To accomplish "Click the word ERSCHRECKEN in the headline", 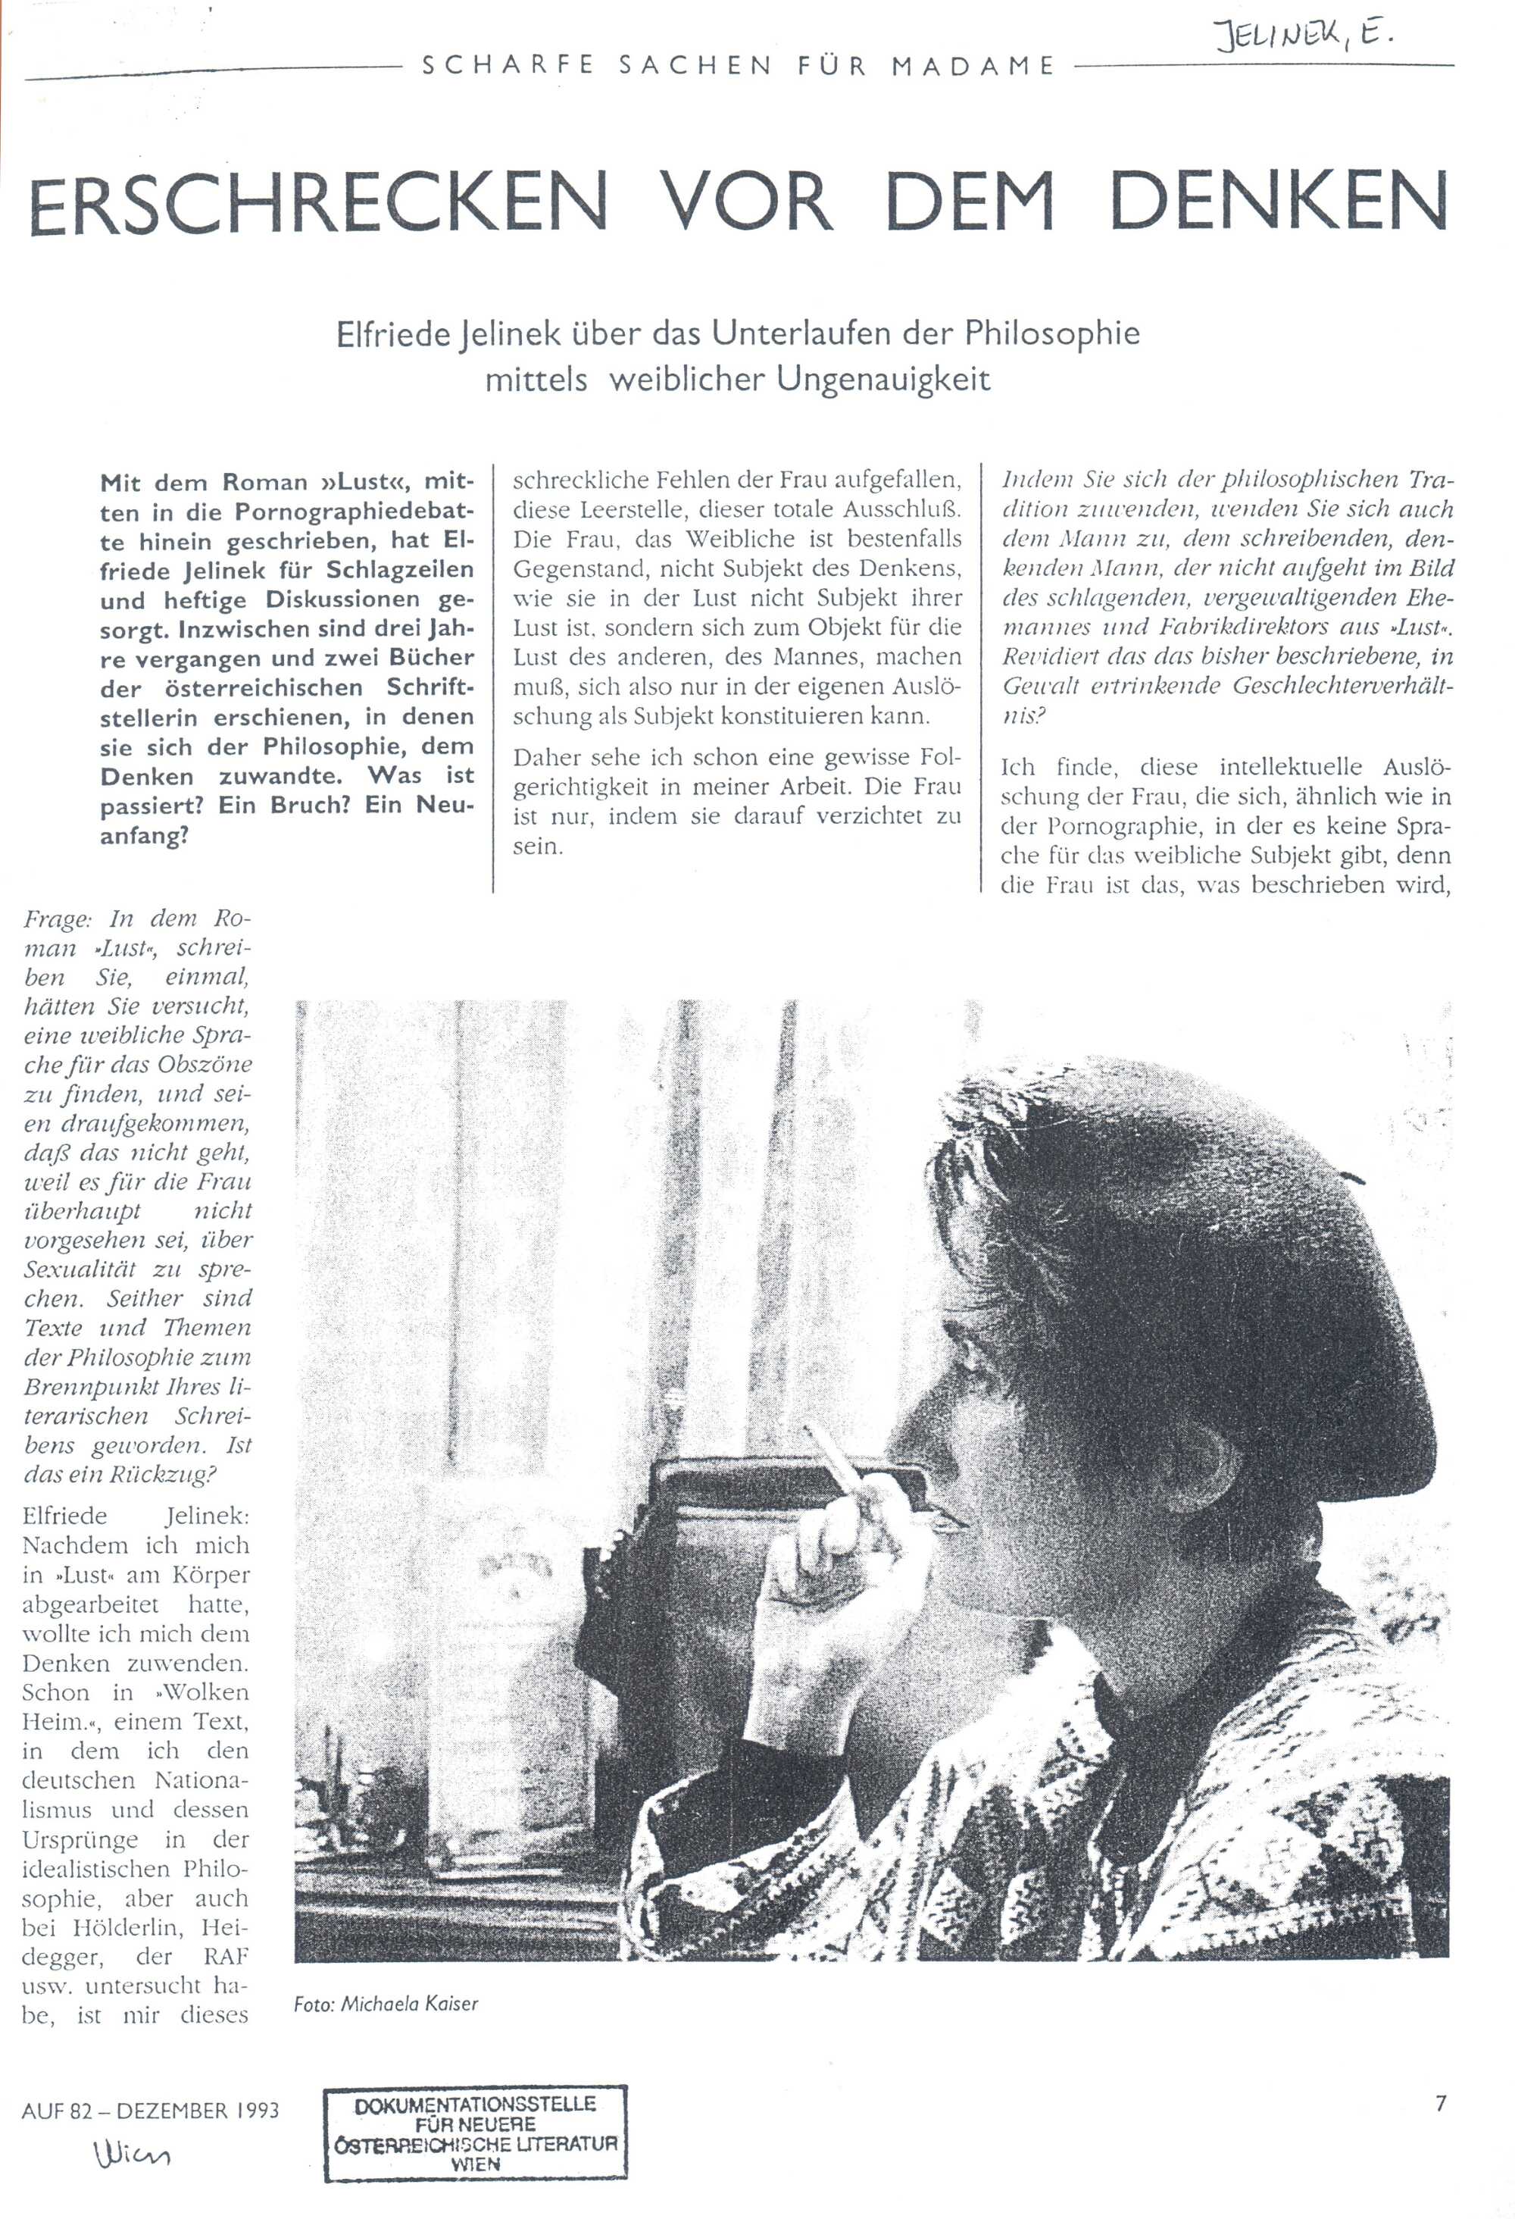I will (x=318, y=202).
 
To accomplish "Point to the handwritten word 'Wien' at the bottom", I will (x=133, y=2153).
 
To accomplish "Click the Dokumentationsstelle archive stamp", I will (x=476, y=2136).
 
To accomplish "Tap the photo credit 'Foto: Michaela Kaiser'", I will (x=386, y=2003).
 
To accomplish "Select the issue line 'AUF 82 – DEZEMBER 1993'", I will (x=151, y=2109).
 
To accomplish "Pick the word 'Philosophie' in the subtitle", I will (x=1052, y=333).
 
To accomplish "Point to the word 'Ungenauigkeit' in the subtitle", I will (x=883, y=380).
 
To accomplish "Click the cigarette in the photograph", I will (x=838, y=1473).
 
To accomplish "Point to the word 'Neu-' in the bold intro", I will (x=444, y=805).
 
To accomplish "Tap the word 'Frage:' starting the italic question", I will (x=59, y=919).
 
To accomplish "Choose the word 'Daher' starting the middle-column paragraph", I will (x=549, y=758).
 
